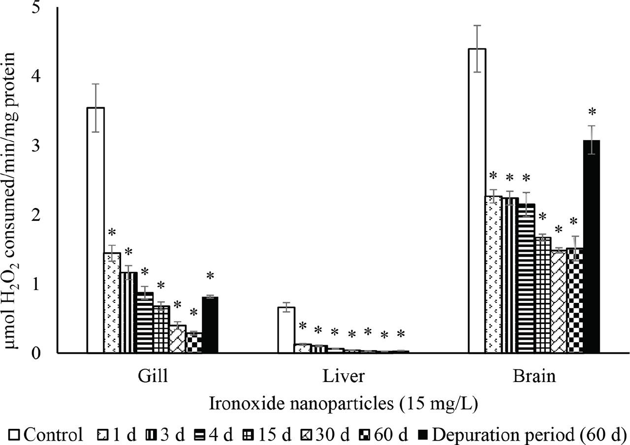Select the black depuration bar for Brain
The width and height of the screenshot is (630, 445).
592,246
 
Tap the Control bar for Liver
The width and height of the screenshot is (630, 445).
286,330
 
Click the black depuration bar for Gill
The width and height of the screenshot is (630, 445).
210,325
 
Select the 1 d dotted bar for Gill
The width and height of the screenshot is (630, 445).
112,302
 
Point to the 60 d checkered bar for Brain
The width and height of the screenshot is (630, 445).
575,300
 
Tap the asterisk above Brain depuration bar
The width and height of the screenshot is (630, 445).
592,112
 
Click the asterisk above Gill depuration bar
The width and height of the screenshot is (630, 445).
210,276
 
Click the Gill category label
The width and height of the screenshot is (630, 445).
153,377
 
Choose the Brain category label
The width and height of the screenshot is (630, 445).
534,377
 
